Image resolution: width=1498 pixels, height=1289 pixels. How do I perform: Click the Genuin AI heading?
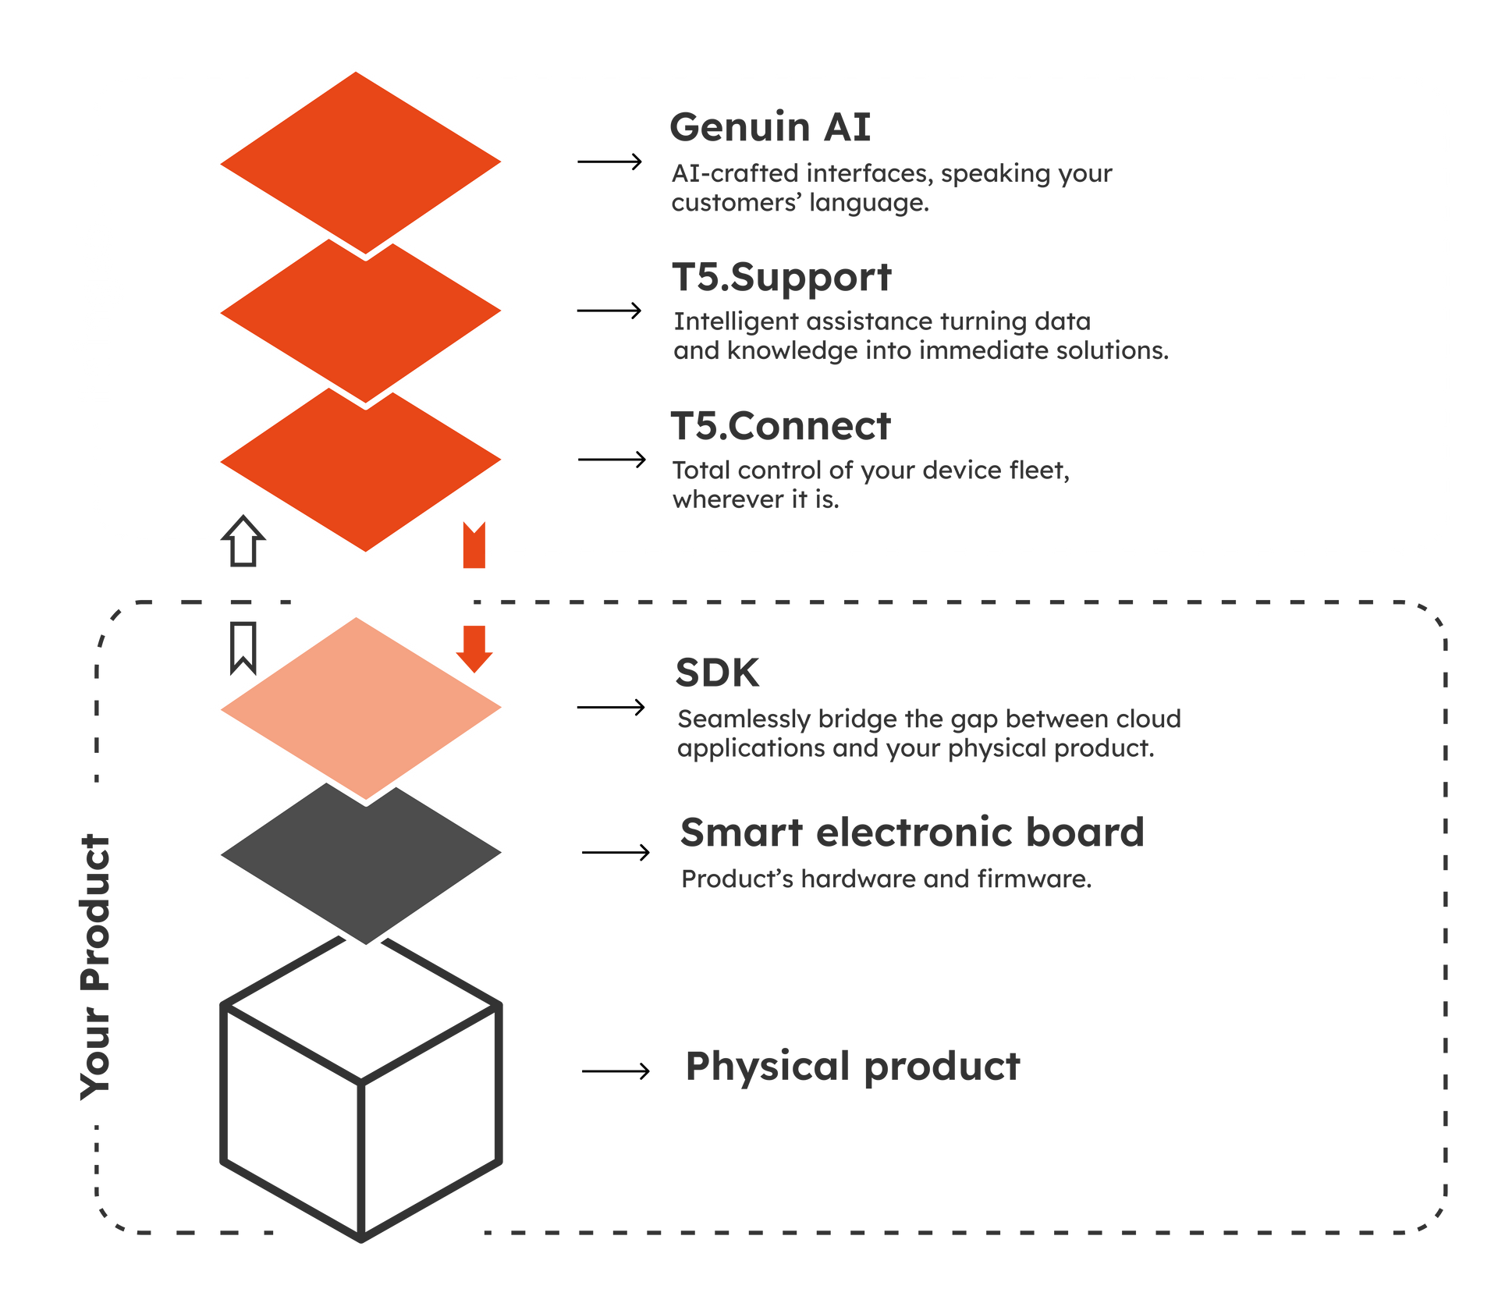pos(769,128)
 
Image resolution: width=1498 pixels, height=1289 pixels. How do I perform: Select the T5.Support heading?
pos(781,279)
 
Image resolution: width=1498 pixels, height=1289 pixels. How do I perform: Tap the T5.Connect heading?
pos(780,427)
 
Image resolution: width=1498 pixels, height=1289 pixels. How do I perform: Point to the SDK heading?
pos(717,673)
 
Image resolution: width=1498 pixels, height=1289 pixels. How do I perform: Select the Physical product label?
pos(852,1066)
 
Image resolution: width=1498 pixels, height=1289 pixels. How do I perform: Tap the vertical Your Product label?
pos(97,968)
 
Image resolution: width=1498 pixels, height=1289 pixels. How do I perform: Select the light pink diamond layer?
pos(360,706)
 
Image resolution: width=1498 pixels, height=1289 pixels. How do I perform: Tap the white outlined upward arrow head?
pos(243,531)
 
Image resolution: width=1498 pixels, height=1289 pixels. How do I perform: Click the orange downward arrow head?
pos(474,655)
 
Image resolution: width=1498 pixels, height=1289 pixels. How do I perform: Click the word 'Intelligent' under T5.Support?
pos(736,321)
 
